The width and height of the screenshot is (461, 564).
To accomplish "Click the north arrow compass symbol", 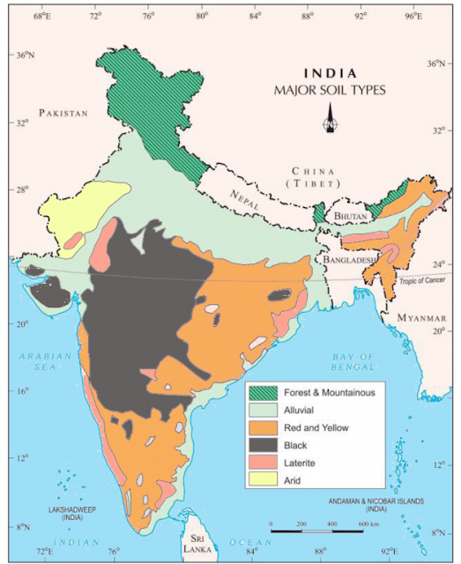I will tap(331, 118).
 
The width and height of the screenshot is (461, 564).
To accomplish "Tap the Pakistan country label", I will tap(63, 113).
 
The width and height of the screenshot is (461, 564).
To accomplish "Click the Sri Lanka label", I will tap(197, 541).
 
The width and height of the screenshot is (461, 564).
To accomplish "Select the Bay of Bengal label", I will tap(353, 360).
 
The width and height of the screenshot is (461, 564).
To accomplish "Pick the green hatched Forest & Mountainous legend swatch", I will tap(262, 392).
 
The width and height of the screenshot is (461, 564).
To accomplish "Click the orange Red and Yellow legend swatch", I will tap(262, 427).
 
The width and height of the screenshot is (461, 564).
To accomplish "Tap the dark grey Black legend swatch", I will tap(262, 445).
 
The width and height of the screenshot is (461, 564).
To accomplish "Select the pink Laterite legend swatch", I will tap(262, 463).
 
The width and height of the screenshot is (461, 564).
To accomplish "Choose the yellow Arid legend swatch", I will tap(262, 480).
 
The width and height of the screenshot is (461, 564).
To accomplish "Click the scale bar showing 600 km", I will tap(317, 531).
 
